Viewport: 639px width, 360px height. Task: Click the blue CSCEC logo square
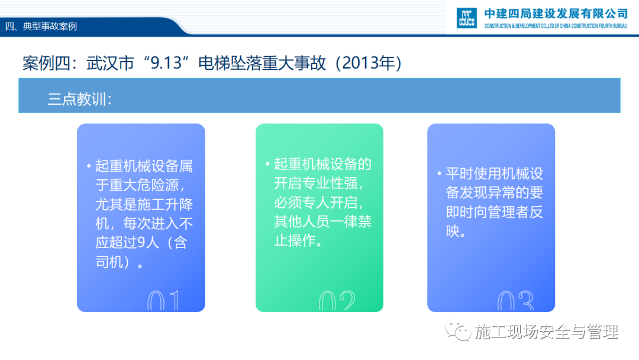(467, 18)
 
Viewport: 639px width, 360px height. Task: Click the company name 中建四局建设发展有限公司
(556, 14)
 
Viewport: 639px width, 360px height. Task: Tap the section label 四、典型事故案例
(41, 27)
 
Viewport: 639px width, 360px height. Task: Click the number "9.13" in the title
(166, 63)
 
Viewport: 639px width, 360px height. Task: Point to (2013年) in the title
(369, 63)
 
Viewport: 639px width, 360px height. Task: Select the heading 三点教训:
(79, 99)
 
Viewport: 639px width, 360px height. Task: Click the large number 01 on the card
(163, 301)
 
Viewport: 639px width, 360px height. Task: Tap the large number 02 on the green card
(337, 301)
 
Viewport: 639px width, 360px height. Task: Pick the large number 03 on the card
(515, 301)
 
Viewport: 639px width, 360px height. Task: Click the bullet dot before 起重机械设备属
(89, 166)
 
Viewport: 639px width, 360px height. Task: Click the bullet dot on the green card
(267, 164)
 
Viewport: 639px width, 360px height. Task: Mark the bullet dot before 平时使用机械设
(439, 173)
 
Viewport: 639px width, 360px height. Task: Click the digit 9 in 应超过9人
(141, 243)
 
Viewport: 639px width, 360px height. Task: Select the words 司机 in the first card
(109, 262)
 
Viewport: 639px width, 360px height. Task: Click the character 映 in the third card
(453, 231)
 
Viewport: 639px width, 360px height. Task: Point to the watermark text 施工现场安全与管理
(546, 332)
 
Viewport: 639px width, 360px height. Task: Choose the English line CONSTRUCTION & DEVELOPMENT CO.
(556, 26)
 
